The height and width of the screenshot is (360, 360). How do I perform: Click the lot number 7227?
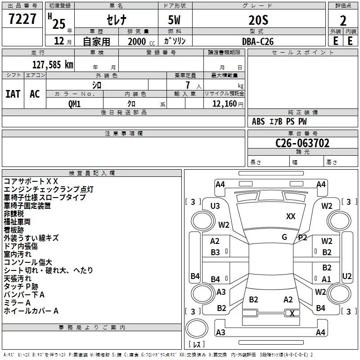[22, 20]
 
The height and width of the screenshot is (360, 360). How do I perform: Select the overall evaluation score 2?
[343, 20]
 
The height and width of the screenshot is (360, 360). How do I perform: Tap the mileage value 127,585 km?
[53, 64]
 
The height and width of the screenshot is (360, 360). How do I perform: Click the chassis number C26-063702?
[302, 143]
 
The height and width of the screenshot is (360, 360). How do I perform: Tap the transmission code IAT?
[13, 94]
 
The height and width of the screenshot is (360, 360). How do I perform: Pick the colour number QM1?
[74, 103]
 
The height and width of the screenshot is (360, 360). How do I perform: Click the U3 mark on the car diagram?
[215, 206]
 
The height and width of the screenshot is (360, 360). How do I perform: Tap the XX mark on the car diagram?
[291, 216]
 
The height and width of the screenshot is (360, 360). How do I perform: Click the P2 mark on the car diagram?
[302, 237]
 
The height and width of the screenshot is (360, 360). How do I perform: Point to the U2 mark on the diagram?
[347, 276]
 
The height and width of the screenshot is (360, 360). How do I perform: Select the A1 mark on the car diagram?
[326, 279]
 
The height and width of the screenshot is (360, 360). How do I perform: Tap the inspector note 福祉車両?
[17, 222]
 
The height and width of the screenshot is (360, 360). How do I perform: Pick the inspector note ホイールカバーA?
[31, 311]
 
